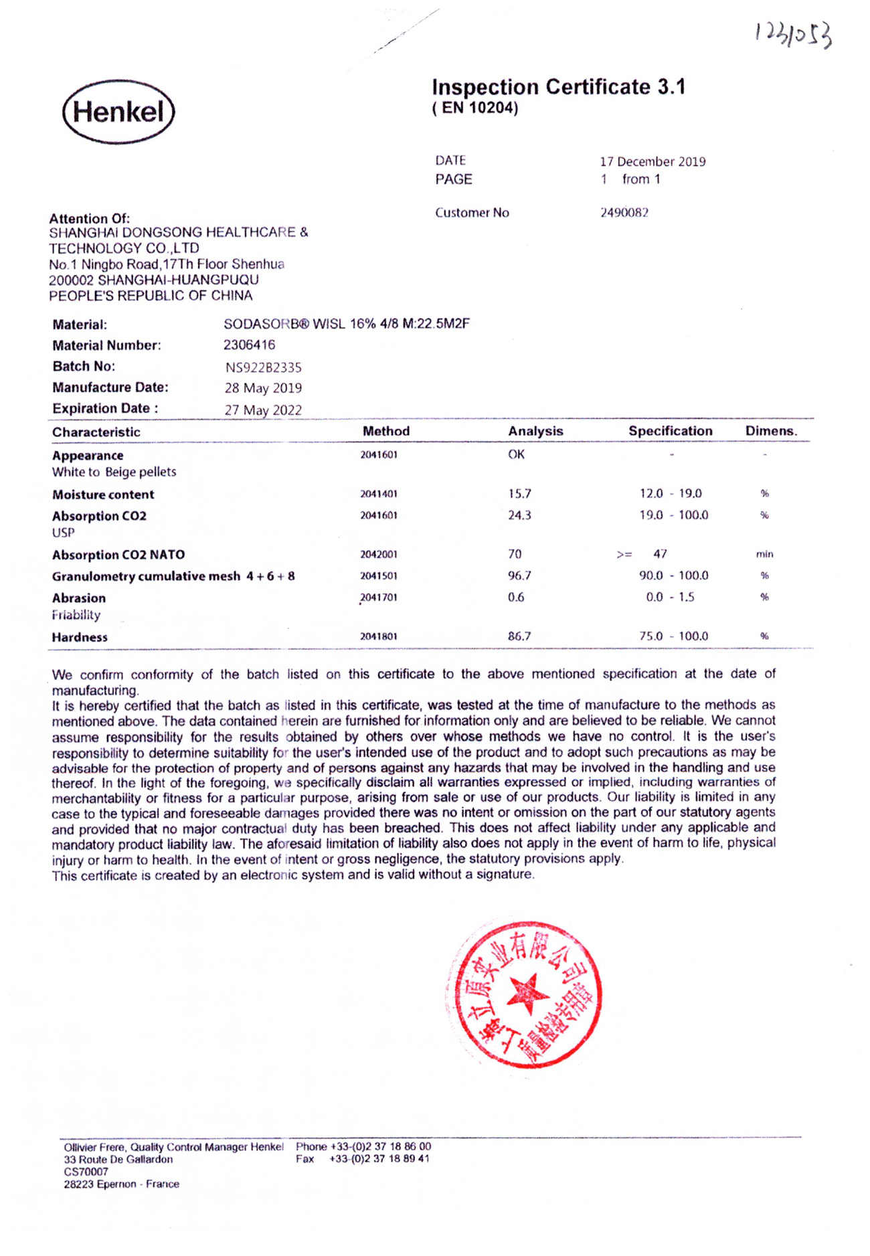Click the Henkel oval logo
click(x=118, y=112)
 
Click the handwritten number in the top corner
click(x=794, y=34)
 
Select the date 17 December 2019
click(x=652, y=161)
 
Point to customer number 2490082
click(x=624, y=213)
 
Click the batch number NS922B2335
click(x=263, y=367)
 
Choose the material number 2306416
click(x=249, y=345)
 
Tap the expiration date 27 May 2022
click(x=263, y=410)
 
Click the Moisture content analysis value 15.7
click(x=519, y=494)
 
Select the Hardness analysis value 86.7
click(x=519, y=636)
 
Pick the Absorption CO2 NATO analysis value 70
click(x=515, y=554)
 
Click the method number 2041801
click(x=379, y=636)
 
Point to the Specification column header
click(x=670, y=431)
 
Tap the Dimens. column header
click(x=771, y=431)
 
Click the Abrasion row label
click(x=79, y=598)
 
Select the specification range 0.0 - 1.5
click(x=670, y=597)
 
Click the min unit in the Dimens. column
click(x=764, y=554)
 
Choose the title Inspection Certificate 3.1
click(x=558, y=87)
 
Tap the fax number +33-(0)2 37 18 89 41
click(x=379, y=1158)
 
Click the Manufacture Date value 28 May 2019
click(x=263, y=388)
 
